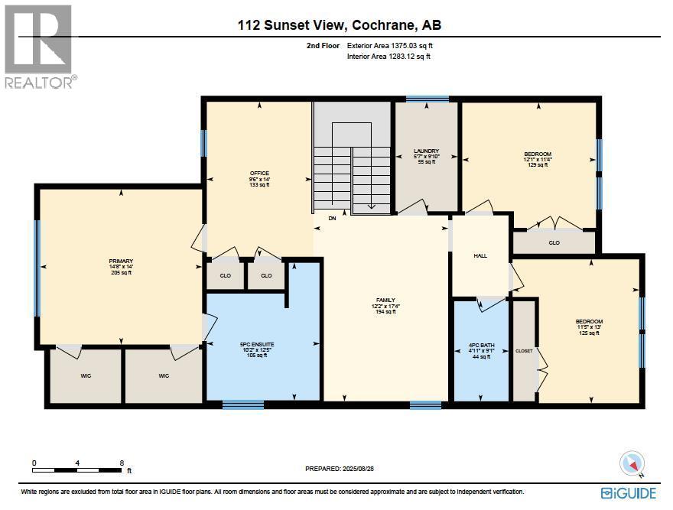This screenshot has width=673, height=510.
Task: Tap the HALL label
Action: tap(480, 256)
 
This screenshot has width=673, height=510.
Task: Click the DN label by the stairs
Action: tap(332, 219)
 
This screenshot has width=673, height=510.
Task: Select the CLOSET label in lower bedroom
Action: tap(524, 351)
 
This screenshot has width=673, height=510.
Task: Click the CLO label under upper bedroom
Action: tap(554, 243)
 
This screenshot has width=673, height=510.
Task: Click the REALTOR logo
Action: tap(39, 46)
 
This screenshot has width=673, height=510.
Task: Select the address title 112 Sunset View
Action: tap(340, 25)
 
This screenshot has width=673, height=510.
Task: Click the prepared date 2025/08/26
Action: tap(340, 468)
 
